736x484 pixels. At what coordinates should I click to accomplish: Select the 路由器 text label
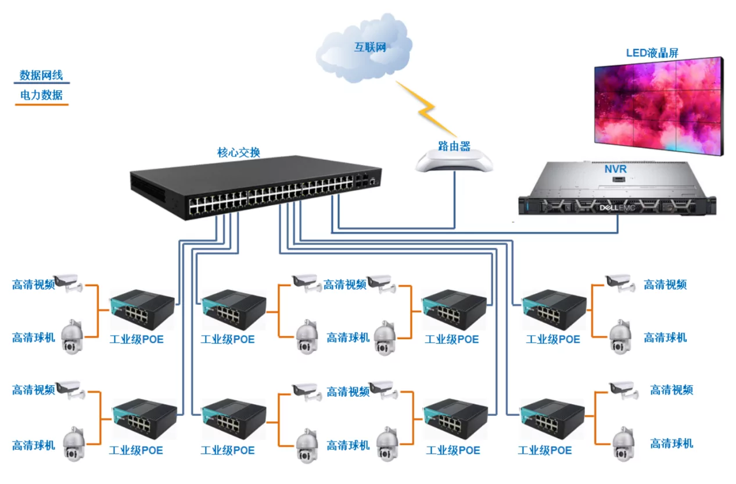454,146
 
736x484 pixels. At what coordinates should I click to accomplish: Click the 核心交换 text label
239,153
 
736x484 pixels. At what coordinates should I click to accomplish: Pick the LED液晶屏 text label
652,53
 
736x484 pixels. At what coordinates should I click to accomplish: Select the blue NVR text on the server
616,169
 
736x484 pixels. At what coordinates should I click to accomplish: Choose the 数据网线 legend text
41,75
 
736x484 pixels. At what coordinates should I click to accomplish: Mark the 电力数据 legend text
41,95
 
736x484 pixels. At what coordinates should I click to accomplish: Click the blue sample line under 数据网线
41,84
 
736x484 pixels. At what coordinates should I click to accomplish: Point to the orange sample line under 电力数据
41,105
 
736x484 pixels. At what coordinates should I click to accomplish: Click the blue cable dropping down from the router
455,198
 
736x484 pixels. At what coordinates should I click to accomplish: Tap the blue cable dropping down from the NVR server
617,224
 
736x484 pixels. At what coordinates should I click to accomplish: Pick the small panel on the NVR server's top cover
617,182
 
